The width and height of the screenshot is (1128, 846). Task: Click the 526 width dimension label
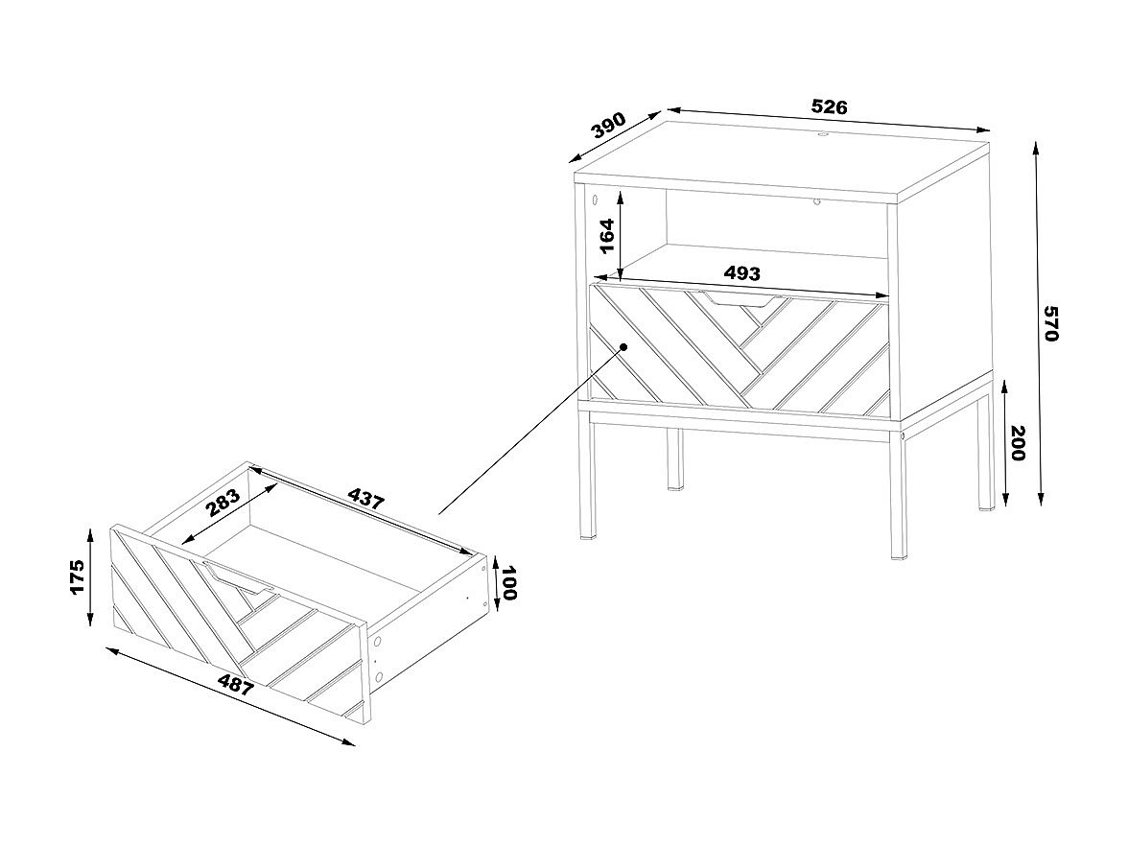(x=830, y=107)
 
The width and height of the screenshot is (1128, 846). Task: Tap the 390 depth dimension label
(x=608, y=125)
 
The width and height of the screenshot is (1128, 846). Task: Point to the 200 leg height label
(x=1018, y=443)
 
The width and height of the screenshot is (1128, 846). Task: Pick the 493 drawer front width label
(x=741, y=273)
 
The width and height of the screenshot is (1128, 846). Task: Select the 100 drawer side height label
(x=509, y=583)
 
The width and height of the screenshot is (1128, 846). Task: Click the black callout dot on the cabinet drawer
(x=623, y=347)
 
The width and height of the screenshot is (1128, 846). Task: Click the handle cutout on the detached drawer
(x=238, y=577)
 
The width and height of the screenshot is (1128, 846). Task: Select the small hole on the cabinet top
(x=823, y=134)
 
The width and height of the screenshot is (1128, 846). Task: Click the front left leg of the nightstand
(x=588, y=476)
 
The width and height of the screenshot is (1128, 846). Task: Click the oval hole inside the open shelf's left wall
(x=595, y=199)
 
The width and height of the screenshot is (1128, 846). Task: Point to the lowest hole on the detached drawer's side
(x=379, y=676)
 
